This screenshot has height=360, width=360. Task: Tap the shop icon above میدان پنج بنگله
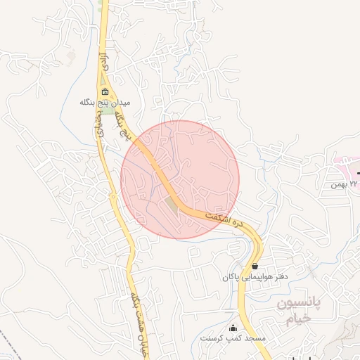click(x=105, y=92)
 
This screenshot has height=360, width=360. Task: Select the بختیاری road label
click(x=98, y=127)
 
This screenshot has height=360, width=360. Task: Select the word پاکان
click(x=233, y=277)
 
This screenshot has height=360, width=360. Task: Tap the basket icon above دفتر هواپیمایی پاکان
click(x=255, y=266)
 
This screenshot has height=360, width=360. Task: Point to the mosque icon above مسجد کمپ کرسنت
click(x=233, y=328)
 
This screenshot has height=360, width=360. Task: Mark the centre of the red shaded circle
click(x=180, y=179)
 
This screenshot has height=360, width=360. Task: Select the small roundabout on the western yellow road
click(x=113, y=198)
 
